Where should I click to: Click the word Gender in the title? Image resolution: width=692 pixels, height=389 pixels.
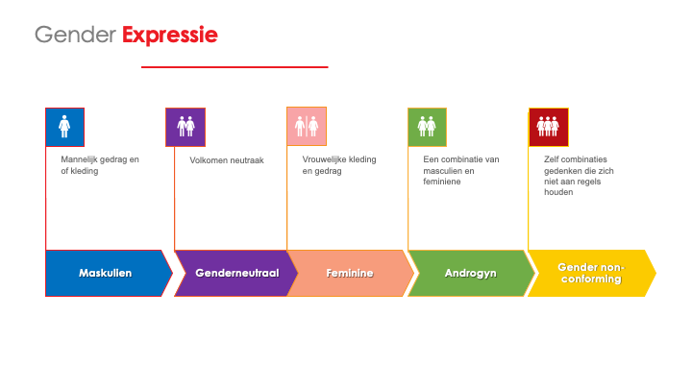(76, 35)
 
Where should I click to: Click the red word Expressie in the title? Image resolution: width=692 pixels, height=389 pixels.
(170, 36)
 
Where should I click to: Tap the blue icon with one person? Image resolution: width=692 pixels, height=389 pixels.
(65, 127)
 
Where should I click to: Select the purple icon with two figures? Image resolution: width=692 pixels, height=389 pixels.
(185, 127)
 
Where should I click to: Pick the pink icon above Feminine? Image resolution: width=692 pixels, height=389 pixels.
(307, 126)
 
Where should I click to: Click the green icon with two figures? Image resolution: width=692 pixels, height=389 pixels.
(427, 127)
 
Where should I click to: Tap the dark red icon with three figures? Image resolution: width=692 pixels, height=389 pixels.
(549, 127)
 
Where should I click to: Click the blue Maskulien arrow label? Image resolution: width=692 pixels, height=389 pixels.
(105, 273)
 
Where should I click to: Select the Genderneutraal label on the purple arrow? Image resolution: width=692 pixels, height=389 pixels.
(237, 273)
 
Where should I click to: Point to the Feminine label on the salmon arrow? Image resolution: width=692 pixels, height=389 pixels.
(350, 273)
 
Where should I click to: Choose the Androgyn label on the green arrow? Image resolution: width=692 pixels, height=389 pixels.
(470, 274)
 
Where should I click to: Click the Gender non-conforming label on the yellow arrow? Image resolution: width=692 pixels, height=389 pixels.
(591, 273)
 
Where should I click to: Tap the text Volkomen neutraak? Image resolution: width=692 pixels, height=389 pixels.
(227, 160)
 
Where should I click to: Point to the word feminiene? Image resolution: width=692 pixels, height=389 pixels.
(442, 182)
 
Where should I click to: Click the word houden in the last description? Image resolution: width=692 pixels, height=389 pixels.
(558, 192)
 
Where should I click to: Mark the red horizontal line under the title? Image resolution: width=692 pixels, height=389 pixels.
(235, 67)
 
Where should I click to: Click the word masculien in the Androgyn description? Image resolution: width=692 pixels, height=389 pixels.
(443, 171)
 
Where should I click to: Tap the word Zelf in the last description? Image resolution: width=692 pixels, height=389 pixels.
(552, 159)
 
